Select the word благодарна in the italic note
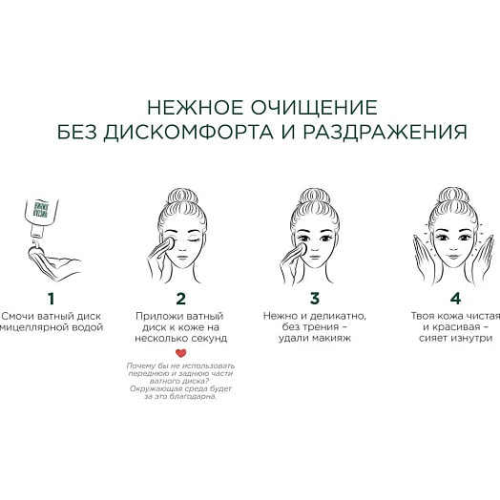tap(196, 396)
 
